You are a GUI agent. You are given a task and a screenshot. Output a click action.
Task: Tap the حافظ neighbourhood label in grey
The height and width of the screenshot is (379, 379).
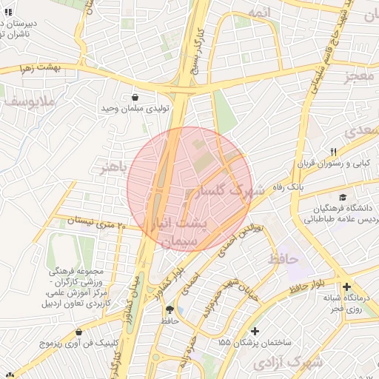tap(281, 259)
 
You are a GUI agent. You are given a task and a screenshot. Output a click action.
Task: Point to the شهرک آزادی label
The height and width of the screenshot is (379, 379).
tap(287, 363)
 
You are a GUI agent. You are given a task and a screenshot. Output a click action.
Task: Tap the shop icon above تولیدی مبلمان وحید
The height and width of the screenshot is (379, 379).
tap(135, 97)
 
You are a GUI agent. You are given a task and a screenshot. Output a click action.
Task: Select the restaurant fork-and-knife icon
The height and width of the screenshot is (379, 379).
tap(334, 152)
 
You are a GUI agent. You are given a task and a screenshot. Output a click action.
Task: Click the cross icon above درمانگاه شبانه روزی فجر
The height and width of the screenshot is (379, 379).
tap(346, 286)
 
